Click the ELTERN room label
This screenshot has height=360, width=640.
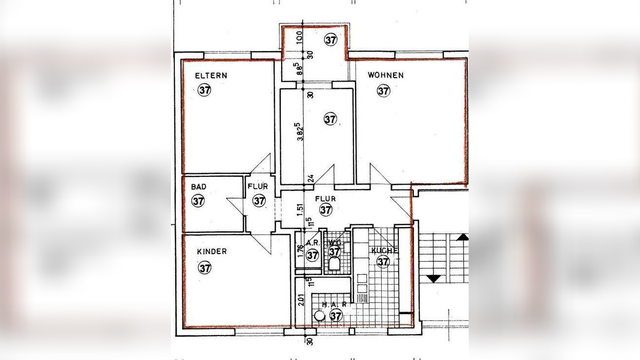click(x=211, y=76)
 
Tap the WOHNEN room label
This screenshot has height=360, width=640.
click(x=386, y=75)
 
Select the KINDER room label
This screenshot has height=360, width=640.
click(x=212, y=252)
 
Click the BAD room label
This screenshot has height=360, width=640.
click(x=199, y=187)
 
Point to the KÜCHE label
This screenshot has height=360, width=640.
click(x=385, y=251)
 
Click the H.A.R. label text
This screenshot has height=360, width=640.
click(x=335, y=304)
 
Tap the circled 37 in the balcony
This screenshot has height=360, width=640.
click(x=330, y=40)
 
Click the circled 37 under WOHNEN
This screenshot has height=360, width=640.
click(x=384, y=90)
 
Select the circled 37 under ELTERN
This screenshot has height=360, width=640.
click(x=205, y=90)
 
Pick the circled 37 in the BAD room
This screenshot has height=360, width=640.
click(x=198, y=201)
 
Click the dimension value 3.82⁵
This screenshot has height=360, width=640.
click(x=301, y=131)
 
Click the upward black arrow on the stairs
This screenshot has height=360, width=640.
click(x=463, y=237)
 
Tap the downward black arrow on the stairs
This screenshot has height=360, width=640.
click(x=434, y=278)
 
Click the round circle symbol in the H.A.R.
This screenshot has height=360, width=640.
click(x=320, y=316)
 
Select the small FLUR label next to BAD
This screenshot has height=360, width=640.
click(x=257, y=187)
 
